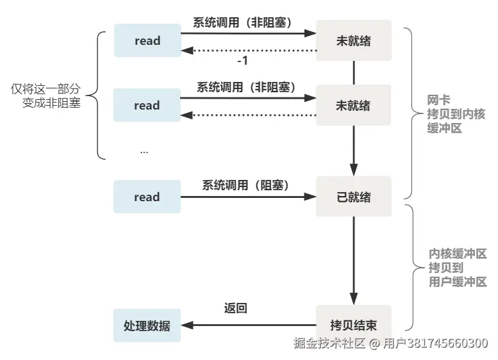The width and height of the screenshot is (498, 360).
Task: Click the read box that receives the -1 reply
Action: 147,40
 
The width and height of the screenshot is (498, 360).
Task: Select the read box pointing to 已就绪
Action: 147,197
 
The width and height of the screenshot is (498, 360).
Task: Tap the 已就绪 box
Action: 353,197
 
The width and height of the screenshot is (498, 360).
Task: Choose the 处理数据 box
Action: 147,325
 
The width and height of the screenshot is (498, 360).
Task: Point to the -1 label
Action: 242,61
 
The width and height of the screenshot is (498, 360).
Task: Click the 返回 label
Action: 235,308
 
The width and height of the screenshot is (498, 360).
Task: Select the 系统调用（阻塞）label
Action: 246,185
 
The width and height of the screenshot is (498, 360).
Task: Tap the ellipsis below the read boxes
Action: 144,151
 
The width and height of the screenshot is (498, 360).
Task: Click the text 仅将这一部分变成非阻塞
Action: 46,96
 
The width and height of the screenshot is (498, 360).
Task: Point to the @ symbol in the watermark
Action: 375,343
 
